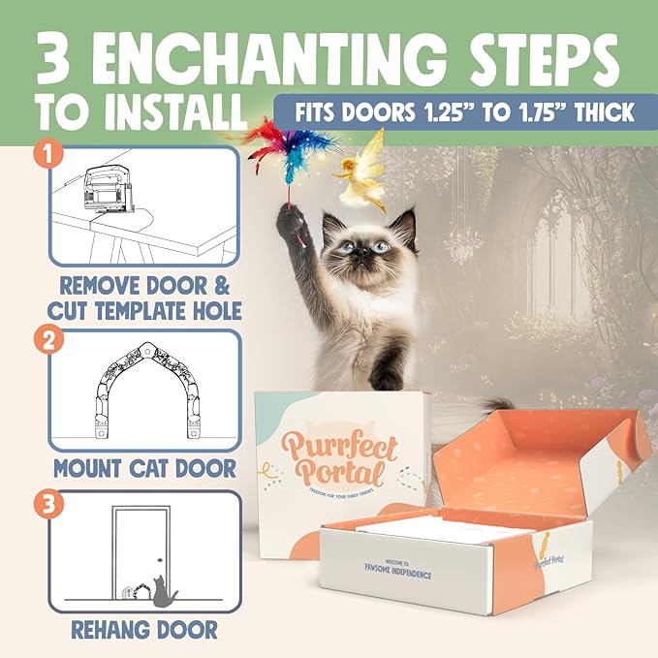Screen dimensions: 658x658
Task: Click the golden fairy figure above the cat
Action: [x=360, y=171]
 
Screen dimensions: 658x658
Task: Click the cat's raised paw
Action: [x=292, y=225]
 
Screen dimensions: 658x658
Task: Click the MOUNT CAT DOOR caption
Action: [x=145, y=469]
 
